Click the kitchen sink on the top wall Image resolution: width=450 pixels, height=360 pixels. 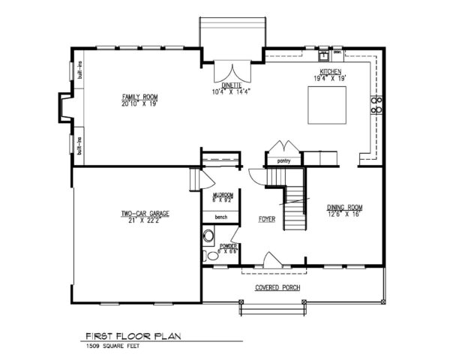click(x=323, y=55)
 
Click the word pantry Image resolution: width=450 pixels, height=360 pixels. click(x=283, y=160)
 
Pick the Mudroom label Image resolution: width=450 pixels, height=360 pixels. click(x=223, y=194)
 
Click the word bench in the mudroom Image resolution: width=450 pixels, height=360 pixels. click(x=221, y=217)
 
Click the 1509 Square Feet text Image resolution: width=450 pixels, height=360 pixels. click(x=112, y=346)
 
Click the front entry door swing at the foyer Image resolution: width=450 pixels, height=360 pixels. click(x=271, y=260)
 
